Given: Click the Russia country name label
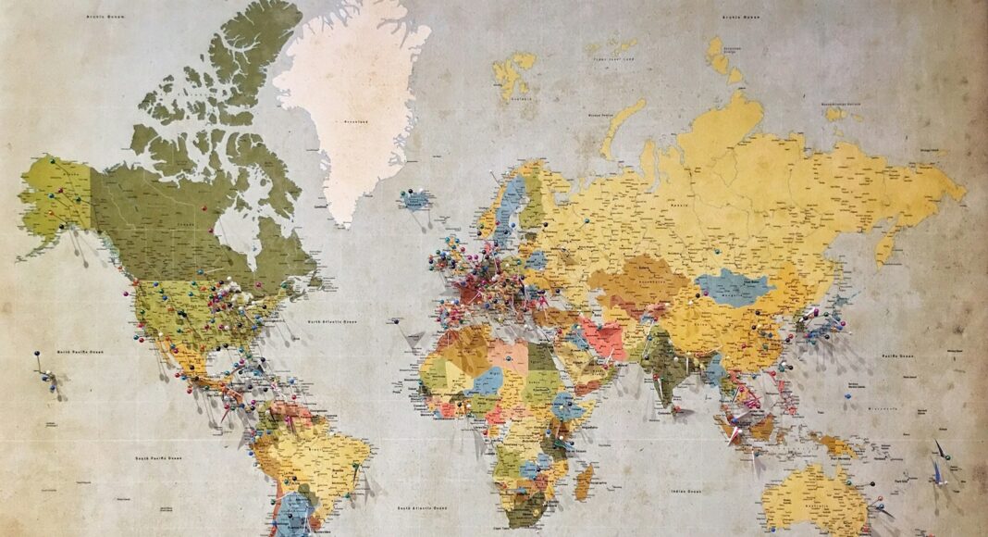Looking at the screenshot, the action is [x=680, y=205].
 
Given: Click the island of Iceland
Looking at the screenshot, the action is [x=415, y=199].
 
